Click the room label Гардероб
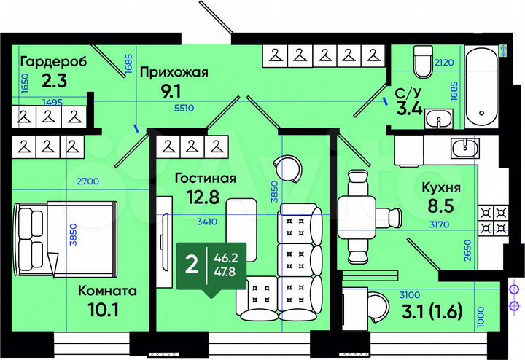pyautogui.click(x=54, y=61)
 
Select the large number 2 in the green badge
pyautogui.click(x=192, y=264)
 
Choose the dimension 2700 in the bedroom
pyautogui.click(x=87, y=181)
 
